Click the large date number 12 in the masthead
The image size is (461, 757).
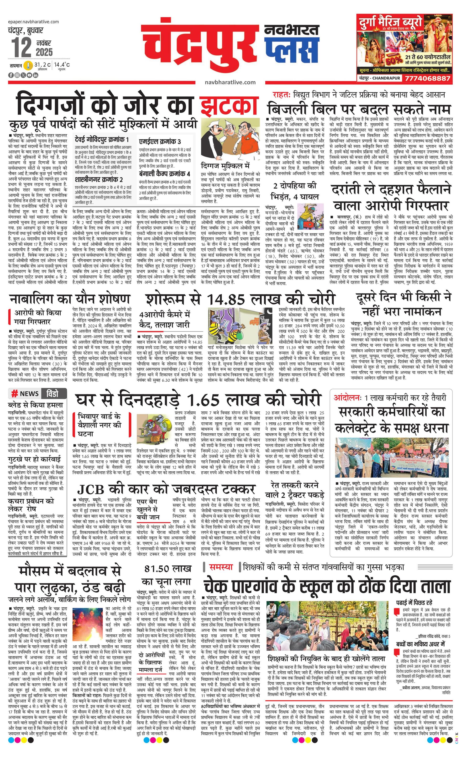[x=21, y=47]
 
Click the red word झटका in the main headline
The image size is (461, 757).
[x=229, y=106]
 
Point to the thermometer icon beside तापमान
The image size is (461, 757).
[x=28, y=65]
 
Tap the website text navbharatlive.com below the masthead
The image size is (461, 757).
[x=230, y=82]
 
